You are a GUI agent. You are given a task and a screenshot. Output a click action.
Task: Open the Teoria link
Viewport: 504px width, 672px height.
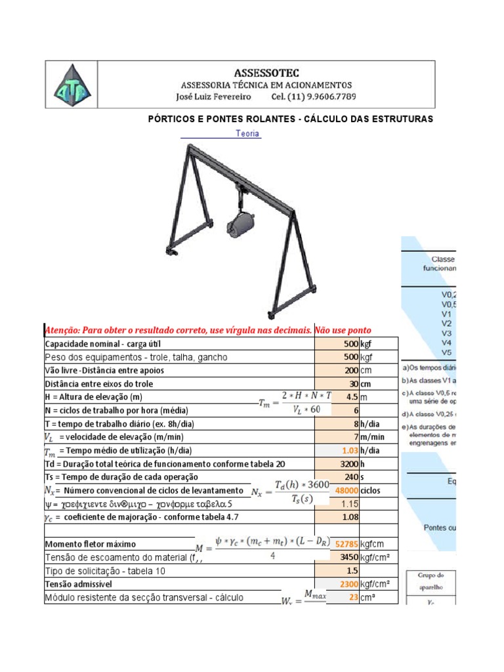(247, 134)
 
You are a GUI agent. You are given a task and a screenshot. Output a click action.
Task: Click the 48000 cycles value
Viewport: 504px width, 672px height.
(346, 490)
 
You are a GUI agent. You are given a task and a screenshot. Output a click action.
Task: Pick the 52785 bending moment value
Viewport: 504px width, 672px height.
(346, 544)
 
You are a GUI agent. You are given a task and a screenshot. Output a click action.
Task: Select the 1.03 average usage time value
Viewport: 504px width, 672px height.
(348, 450)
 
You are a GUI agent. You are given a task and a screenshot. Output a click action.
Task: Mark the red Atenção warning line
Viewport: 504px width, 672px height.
(207, 329)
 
